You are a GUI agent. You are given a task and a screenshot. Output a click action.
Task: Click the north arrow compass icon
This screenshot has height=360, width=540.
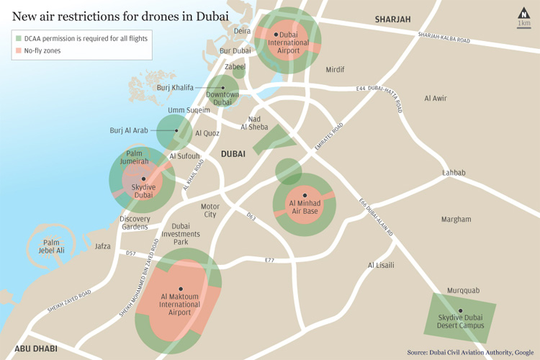click(x=523, y=12)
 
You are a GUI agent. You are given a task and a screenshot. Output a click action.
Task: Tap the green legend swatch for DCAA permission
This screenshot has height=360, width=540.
click(x=18, y=37)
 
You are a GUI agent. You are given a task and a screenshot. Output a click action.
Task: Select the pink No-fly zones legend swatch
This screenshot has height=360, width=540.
click(x=18, y=50)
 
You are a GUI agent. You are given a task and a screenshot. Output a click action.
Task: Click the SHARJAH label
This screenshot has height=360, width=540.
click(x=392, y=19)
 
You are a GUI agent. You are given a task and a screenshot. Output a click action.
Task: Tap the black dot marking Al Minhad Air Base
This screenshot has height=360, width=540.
click(x=305, y=195)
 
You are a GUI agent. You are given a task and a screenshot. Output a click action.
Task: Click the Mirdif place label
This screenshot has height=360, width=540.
click(x=335, y=70)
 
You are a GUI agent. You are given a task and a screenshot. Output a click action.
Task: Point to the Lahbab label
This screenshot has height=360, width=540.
click(x=454, y=173)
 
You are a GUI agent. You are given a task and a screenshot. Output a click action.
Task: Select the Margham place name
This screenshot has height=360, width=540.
click(x=456, y=219)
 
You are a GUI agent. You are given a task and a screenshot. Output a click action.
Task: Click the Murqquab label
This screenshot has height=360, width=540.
click(x=463, y=290)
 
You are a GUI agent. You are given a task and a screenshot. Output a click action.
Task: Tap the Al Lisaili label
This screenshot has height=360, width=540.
click(x=381, y=265)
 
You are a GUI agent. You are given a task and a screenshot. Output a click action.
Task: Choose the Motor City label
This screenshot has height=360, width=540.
click(x=210, y=210)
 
